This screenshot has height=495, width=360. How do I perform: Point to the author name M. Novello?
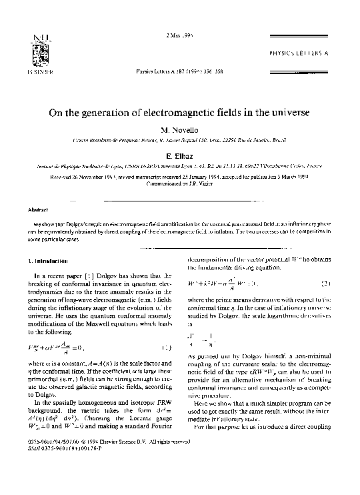(179, 129)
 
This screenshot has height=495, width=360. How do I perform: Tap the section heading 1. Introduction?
(43, 260)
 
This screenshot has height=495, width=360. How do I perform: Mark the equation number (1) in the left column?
(170, 330)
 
